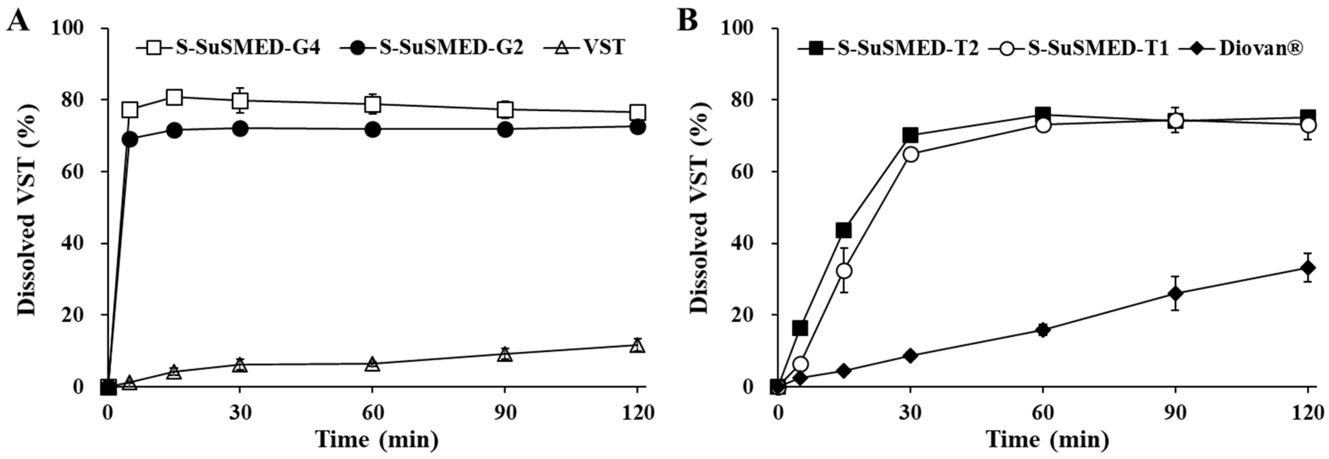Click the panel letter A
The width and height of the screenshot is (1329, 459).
(18, 22)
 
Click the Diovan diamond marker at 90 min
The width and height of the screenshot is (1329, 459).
(1175, 293)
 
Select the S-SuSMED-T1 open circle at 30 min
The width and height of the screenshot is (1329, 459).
(911, 154)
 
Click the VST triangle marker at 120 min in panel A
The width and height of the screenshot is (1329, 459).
(638, 345)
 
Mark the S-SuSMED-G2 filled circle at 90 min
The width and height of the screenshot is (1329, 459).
(505, 129)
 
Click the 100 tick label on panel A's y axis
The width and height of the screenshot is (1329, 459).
(68, 28)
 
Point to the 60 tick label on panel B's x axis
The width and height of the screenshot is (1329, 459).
(1042, 413)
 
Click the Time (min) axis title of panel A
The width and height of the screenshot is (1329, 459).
(377, 440)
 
